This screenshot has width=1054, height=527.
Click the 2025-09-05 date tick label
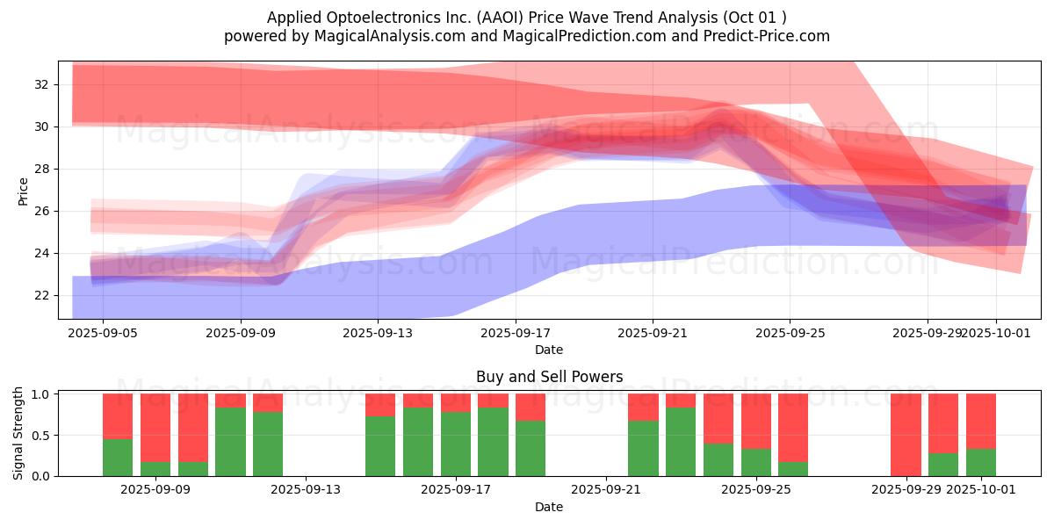[103, 334]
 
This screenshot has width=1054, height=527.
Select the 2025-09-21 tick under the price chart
[653, 334]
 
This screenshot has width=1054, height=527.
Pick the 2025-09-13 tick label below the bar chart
[306, 490]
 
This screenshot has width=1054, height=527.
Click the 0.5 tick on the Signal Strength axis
[41, 436]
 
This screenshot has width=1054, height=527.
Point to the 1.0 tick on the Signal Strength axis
[41, 394]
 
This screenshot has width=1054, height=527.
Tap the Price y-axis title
[23, 191]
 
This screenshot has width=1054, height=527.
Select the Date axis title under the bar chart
[549, 507]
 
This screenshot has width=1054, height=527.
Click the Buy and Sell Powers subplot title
[549, 377]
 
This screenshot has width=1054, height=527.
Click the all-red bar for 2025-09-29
[906, 435]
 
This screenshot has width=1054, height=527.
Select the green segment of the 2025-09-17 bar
[456, 444]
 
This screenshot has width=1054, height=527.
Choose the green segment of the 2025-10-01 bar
[981, 462]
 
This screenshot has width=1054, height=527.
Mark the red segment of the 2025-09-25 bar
[756, 422]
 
